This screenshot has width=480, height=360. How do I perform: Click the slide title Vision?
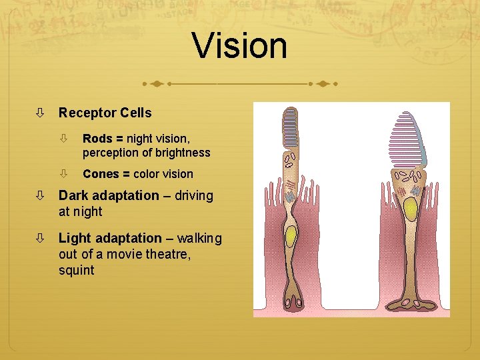240,46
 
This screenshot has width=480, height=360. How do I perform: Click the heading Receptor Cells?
105,113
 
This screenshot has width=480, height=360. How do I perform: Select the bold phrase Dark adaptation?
109,196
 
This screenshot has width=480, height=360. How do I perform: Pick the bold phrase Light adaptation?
110,239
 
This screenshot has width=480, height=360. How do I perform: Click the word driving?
193,196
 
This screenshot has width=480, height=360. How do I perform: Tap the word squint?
76,271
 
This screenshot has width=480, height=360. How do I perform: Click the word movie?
134,255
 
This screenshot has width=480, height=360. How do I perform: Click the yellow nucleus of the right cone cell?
411,210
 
